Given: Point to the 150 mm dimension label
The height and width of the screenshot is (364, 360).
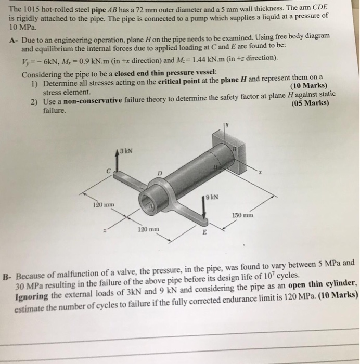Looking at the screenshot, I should (241, 214).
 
